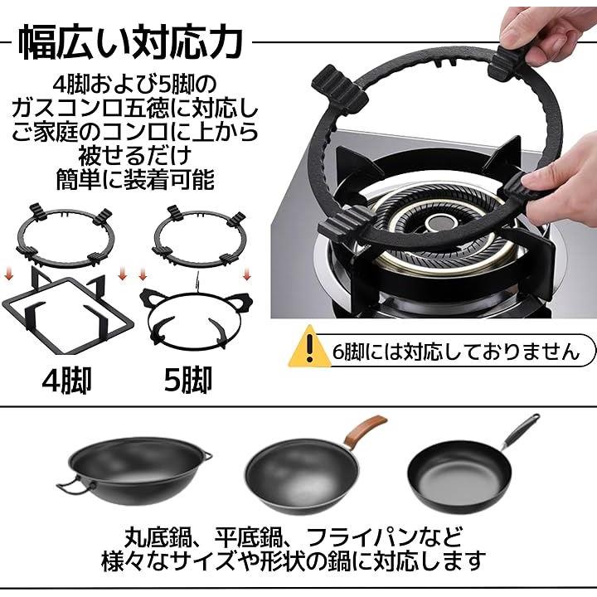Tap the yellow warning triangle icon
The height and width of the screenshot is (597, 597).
click(x=309, y=347)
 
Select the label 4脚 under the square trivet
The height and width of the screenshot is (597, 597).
click(x=66, y=381)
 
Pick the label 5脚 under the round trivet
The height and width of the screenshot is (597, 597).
click(x=187, y=381)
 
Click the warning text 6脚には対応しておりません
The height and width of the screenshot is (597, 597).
click(x=456, y=351)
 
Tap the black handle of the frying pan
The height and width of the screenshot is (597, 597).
click(x=521, y=430)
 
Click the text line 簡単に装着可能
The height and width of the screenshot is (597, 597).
click(x=135, y=179)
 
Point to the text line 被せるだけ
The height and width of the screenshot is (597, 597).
click(x=135, y=155)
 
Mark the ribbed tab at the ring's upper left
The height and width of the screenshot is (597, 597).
click(x=340, y=90)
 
